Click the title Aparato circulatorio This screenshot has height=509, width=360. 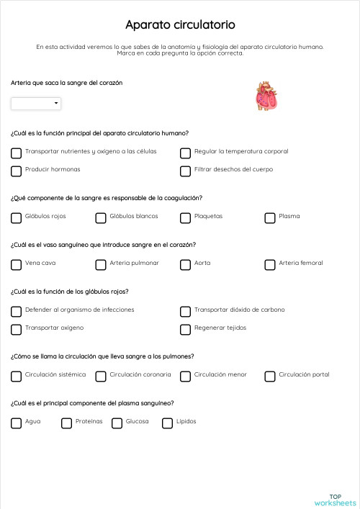(179, 25)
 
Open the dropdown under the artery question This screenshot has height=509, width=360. (36, 104)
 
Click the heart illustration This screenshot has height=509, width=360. (266, 96)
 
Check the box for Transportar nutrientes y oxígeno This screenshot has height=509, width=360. (17, 153)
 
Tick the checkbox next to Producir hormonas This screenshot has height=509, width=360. (17, 171)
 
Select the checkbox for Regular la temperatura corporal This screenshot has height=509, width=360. (185, 153)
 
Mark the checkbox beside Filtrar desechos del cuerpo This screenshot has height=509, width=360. (185, 171)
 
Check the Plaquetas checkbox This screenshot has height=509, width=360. (185, 217)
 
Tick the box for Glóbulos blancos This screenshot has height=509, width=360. (101, 217)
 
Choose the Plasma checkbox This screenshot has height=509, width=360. (270, 217)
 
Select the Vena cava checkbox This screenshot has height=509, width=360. (17, 264)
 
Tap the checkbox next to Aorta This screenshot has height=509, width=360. (185, 264)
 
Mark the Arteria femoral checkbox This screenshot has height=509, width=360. (270, 264)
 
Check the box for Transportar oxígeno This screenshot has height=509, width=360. (17, 329)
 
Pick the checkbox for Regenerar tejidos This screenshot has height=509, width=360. (185, 329)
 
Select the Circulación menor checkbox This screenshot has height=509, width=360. (185, 376)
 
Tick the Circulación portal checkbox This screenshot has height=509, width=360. (270, 376)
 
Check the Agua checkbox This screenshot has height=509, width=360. (17, 423)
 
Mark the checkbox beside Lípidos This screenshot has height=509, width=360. (168, 423)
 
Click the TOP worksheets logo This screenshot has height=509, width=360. (335, 500)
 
